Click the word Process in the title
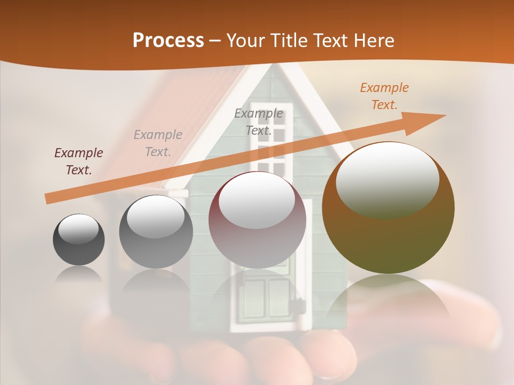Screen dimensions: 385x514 click(x=168, y=41)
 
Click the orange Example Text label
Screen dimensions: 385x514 click(x=384, y=96)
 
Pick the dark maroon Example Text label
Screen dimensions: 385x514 click(x=79, y=161)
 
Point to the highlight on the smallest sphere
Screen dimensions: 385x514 click(x=78, y=229)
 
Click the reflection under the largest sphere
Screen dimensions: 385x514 click(x=388, y=299)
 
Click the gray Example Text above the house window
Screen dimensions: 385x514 click(x=259, y=121)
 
